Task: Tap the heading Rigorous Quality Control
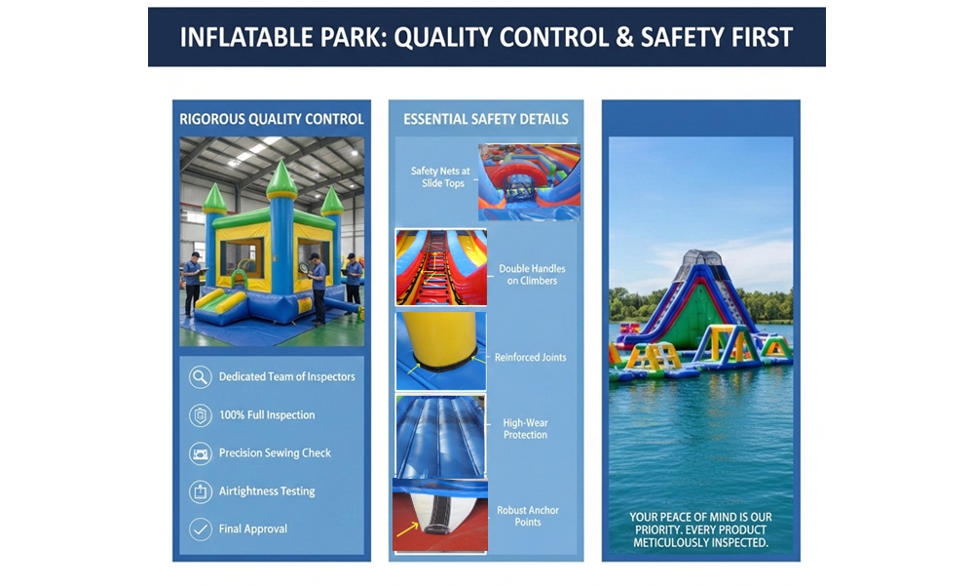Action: pos(272,119)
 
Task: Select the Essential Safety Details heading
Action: pos(486,119)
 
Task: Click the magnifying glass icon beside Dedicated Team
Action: pos(200,377)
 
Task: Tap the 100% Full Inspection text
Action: pos(266,415)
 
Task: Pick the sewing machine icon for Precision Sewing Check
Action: pos(200,453)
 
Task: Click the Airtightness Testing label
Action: pos(266,491)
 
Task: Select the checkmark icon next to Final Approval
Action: pos(200,529)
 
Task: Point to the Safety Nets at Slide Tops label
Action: pos(440,176)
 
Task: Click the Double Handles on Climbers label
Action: pos(532,274)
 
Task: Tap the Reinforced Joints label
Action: pos(530,358)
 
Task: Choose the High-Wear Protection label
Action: pos(525,429)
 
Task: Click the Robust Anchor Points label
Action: pos(527,516)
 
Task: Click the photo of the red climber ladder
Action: pos(440,267)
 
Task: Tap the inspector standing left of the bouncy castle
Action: pos(193,282)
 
